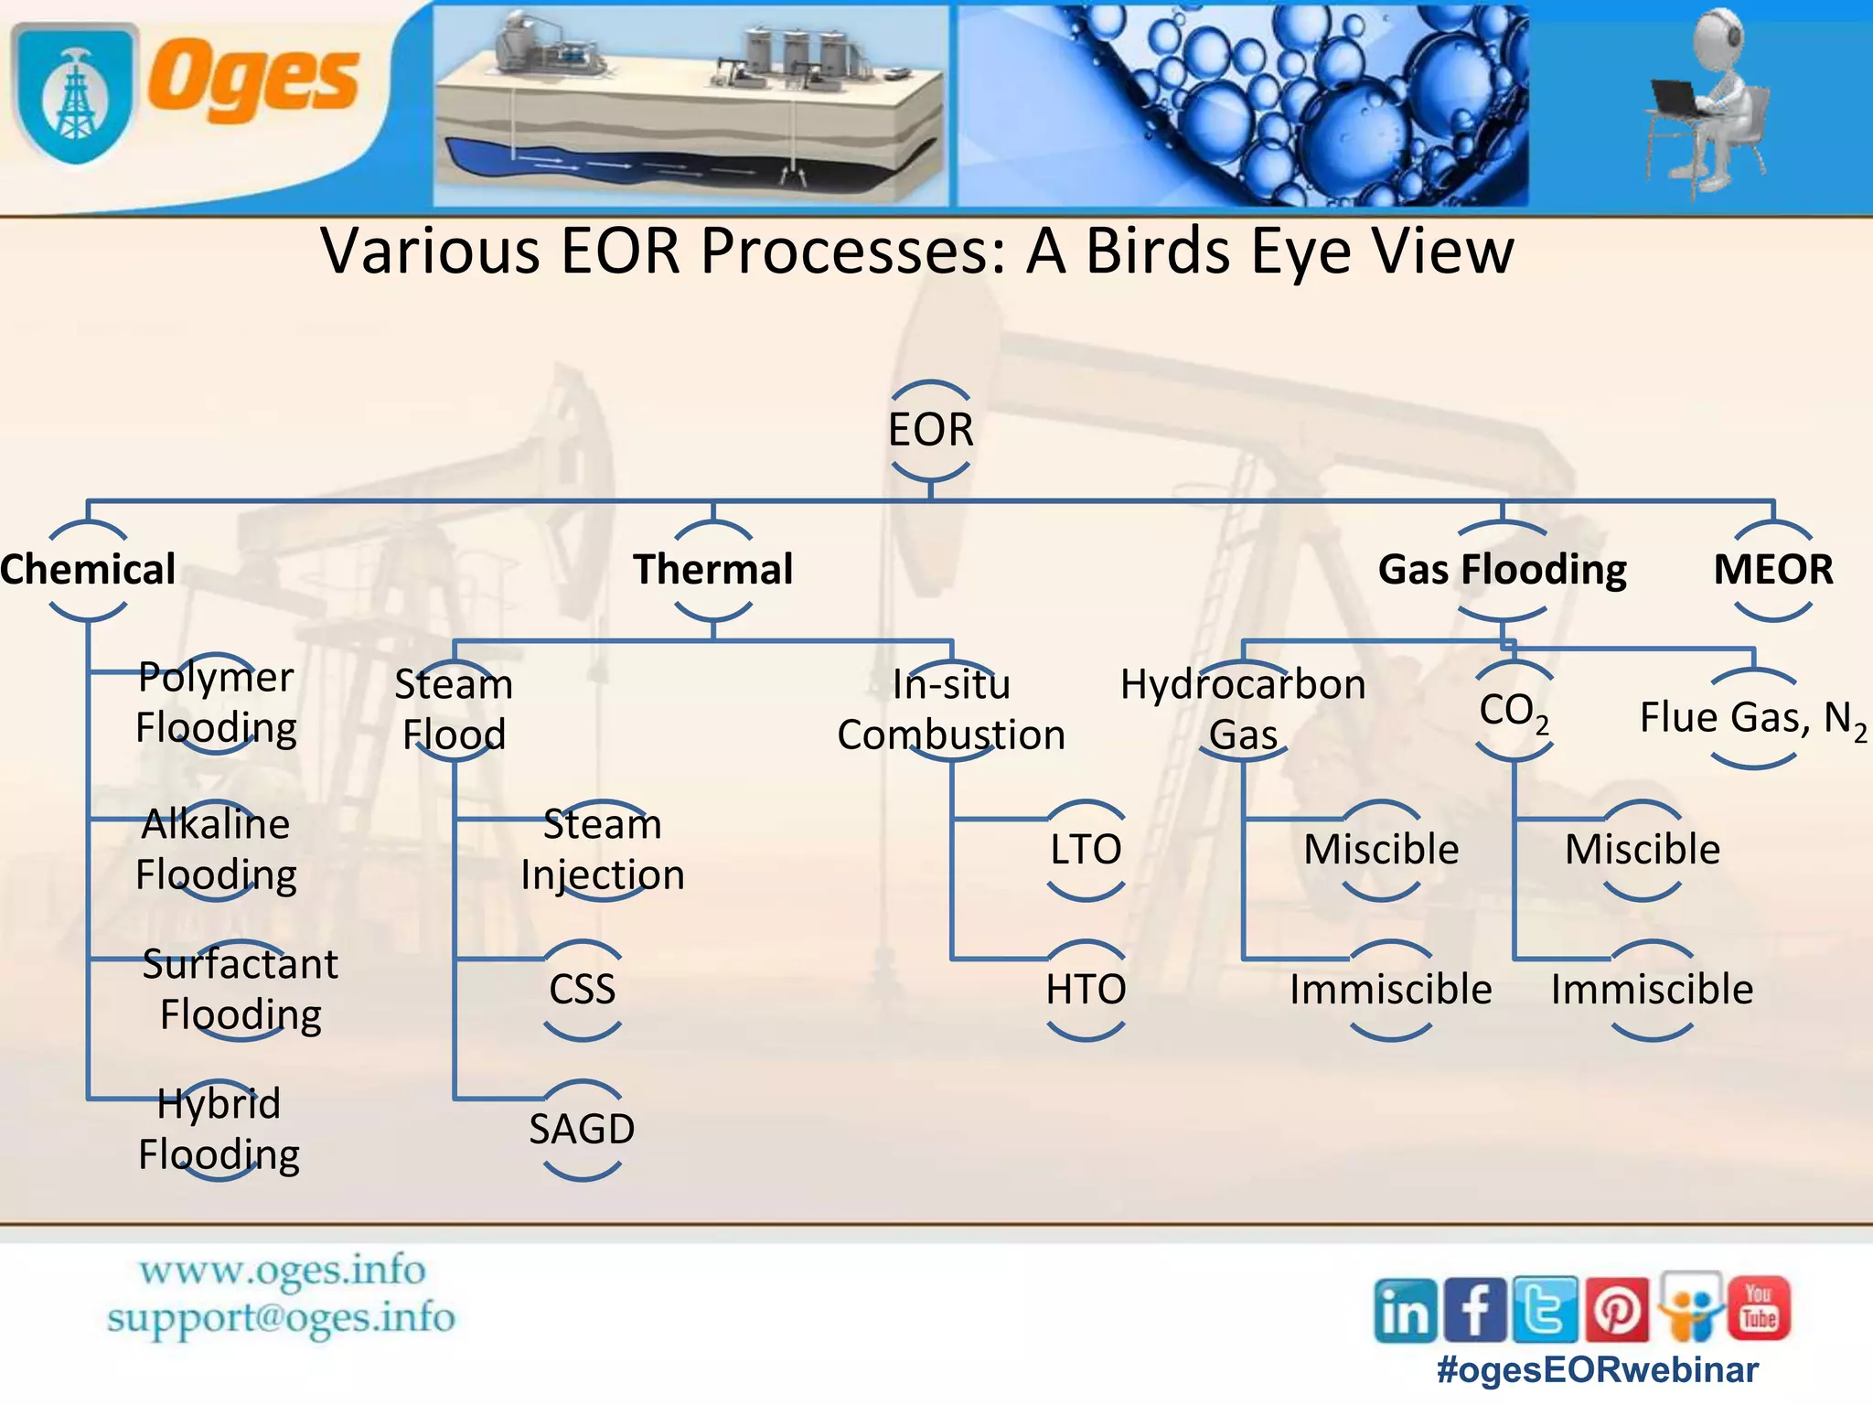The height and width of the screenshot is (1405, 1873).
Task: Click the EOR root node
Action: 930,430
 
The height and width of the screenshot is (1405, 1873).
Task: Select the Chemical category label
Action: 88,570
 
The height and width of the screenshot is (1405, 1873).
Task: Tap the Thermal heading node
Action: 712,570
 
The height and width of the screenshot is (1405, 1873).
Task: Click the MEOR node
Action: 1772,570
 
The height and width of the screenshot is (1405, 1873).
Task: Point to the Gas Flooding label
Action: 1502,570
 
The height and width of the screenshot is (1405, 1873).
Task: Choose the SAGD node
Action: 582,1129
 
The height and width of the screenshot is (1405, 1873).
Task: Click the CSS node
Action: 582,989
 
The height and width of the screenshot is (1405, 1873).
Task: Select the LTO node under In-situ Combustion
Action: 1085,849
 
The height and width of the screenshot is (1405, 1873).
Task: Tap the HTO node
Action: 1085,989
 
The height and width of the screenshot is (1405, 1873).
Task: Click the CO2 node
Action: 1514,711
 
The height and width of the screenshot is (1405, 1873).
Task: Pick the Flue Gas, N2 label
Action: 1752,718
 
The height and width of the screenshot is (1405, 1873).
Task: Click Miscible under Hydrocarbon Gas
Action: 1380,849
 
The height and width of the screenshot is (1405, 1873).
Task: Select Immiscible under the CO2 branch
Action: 1652,989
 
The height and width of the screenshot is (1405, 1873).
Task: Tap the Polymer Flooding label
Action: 216,702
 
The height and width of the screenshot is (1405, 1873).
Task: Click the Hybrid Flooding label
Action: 219,1129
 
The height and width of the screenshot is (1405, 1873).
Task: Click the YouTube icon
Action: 1759,1309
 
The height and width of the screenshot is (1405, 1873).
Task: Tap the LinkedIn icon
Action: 1405,1311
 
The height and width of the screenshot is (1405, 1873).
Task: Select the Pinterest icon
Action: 1616,1311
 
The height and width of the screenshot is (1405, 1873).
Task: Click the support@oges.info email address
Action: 281,1318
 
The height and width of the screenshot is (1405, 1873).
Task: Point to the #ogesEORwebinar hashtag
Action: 1597,1369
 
